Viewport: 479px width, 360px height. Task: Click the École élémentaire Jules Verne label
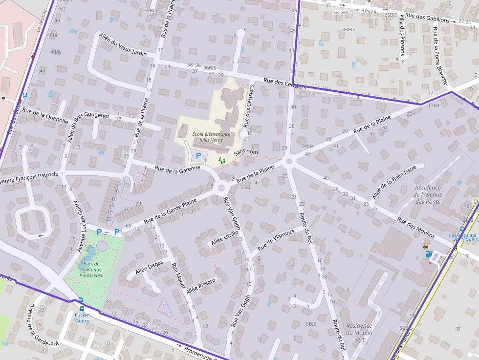pos(211,136)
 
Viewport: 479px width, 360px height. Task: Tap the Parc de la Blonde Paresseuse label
pos(91,269)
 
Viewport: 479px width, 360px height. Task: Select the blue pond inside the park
pos(88,254)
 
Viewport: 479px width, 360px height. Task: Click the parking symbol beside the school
pos(198,155)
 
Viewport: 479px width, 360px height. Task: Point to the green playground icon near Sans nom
pos(222,160)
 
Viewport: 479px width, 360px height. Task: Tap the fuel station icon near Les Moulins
pos(429,254)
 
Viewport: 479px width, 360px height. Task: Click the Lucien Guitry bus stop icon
pos(82,308)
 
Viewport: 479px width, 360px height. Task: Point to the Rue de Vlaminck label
pos(277,239)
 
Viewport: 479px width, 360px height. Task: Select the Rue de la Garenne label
pos(177,169)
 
